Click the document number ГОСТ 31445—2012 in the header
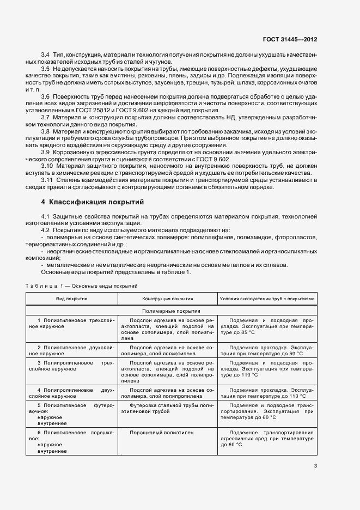(x=290, y=40)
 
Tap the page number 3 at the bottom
(x=315, y=465)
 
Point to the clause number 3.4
(x=46, y=56)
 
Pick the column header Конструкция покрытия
(x=167, y=299)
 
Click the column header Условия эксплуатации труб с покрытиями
(x=266, y=299)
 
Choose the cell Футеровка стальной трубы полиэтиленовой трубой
(x=168, y=409)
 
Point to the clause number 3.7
(x=46, y=117)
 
